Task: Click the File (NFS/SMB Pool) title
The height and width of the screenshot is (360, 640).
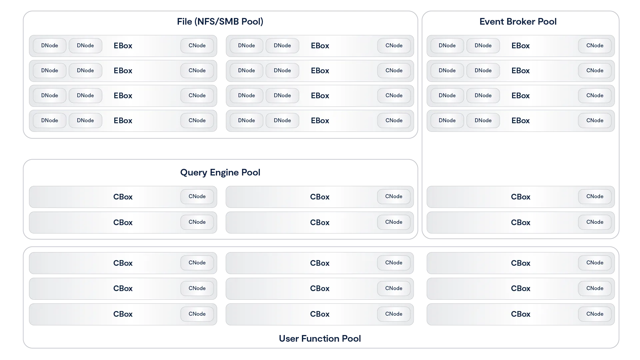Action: coord(220,22)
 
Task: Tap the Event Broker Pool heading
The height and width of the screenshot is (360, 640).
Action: coord(518,22)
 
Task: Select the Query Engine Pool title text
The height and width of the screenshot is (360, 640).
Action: coord(220,173)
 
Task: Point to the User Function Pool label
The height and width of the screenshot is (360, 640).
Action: coord(320,339)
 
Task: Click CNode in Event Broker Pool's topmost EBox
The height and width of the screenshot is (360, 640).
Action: coord(595,46)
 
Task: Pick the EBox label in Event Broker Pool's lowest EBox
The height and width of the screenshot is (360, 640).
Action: coord(520,121)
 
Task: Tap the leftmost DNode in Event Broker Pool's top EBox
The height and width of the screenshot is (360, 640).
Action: coord(447,46)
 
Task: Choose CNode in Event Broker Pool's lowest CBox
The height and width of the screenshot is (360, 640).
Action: coord(595,222)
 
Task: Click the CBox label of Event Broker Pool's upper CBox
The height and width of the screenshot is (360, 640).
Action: coord(520,197)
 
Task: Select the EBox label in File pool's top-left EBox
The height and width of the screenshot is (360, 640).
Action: coord(123,46)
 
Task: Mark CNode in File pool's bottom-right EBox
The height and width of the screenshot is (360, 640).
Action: coord(394,121)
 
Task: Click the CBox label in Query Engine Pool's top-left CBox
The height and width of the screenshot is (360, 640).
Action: coord(123,197)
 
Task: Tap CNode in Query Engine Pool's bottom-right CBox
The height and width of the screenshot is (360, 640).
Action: coord(394,222)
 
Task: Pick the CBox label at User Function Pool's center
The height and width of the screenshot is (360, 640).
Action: coord(320,288)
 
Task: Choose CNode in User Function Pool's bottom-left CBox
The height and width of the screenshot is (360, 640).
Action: coord(197,314)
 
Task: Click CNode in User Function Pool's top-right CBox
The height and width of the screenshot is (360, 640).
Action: coord(595,263)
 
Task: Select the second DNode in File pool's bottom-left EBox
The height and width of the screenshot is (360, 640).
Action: coord(85,121)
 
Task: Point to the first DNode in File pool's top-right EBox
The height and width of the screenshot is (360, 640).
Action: coord(247,46)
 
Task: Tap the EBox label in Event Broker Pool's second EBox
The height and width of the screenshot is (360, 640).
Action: coord(520,71)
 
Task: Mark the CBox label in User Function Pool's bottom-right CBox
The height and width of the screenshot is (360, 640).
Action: coord(520,314)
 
